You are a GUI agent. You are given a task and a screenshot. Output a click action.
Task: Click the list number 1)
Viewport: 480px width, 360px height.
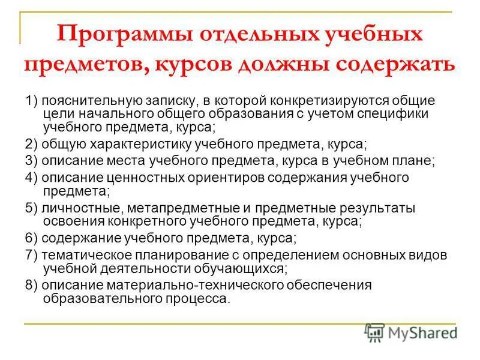tap(32, 100)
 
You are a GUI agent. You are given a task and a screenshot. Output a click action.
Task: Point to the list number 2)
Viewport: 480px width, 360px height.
tap(32, 145)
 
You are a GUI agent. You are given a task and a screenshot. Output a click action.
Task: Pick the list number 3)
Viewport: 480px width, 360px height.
tap(32, 161)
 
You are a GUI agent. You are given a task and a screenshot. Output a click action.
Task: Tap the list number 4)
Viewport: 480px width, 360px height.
tap(32, 178)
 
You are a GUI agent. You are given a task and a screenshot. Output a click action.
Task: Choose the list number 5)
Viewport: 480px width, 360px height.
tap(32, 208)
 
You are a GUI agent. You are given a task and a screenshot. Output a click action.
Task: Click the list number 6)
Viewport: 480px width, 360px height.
tap(32, 238)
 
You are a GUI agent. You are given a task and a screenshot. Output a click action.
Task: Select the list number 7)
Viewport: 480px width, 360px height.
tap(32, 255)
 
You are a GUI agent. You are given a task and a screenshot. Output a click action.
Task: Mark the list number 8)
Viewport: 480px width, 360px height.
tap(32, 285)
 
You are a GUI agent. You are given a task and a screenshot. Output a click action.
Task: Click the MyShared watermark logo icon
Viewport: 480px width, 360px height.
tap(375, 332)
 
